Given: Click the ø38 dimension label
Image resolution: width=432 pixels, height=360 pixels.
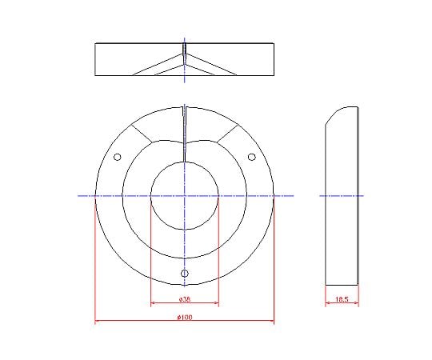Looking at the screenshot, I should (184, 299).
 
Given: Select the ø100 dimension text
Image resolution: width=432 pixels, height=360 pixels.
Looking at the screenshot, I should (184, 318).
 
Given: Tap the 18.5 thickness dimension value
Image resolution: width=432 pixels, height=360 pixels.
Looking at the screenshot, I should (342, 299).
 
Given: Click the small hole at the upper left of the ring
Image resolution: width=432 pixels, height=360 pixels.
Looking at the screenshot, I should (117, 156).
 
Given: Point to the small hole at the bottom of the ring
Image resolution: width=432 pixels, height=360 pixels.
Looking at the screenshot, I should (185, 274).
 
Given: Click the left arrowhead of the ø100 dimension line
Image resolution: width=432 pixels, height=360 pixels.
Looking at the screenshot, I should (98, 322).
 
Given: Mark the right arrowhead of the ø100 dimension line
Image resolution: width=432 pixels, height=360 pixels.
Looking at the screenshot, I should (271, 322).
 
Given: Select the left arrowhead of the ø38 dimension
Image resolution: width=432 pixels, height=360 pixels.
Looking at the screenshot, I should (154, 304).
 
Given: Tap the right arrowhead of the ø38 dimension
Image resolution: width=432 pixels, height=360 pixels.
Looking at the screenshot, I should (216, 304).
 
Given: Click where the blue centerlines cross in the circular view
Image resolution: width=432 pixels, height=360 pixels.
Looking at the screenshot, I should (185, 195).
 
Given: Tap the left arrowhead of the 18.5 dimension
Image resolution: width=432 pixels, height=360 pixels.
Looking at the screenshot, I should (328, 304).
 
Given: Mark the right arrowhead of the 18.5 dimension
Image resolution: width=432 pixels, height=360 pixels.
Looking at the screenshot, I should (356, 304).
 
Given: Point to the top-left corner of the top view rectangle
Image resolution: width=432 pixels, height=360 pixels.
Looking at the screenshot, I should (96, 43).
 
